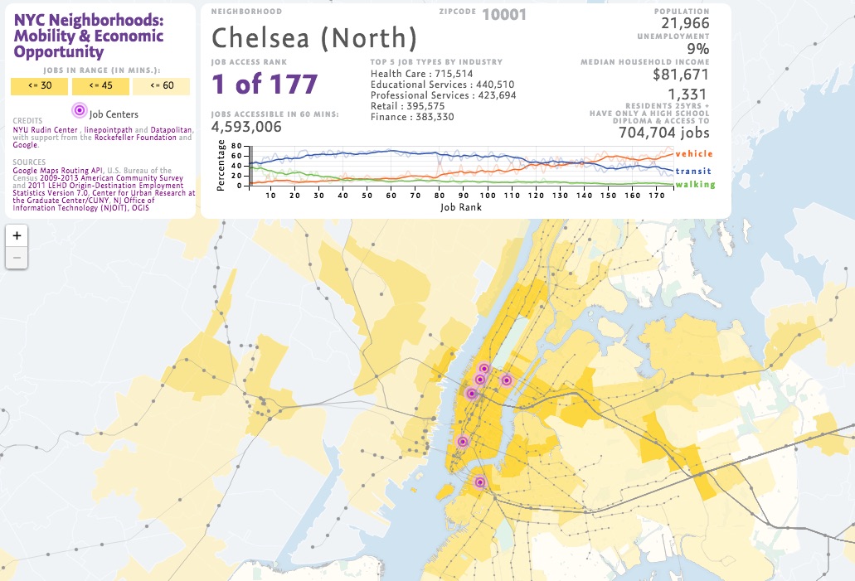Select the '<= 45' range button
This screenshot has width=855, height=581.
[100, 86]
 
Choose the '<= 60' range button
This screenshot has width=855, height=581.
[161, 86]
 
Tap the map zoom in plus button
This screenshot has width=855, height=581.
[17, 235]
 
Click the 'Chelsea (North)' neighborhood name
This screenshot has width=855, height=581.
[314, 37]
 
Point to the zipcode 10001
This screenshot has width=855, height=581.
[503, 14]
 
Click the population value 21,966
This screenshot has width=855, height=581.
[685, 24]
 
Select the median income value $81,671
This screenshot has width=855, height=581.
[681, 74]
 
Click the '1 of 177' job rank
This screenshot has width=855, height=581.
[265, 85]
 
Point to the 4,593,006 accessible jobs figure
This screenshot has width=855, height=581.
[246, 127]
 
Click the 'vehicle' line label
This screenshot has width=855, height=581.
[693, 154]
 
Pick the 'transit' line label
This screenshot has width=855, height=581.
[694, 171]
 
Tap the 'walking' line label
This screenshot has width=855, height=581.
[694, 184]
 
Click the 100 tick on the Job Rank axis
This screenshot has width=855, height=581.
[487, 195]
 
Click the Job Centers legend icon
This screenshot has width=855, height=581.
[79, 110]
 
